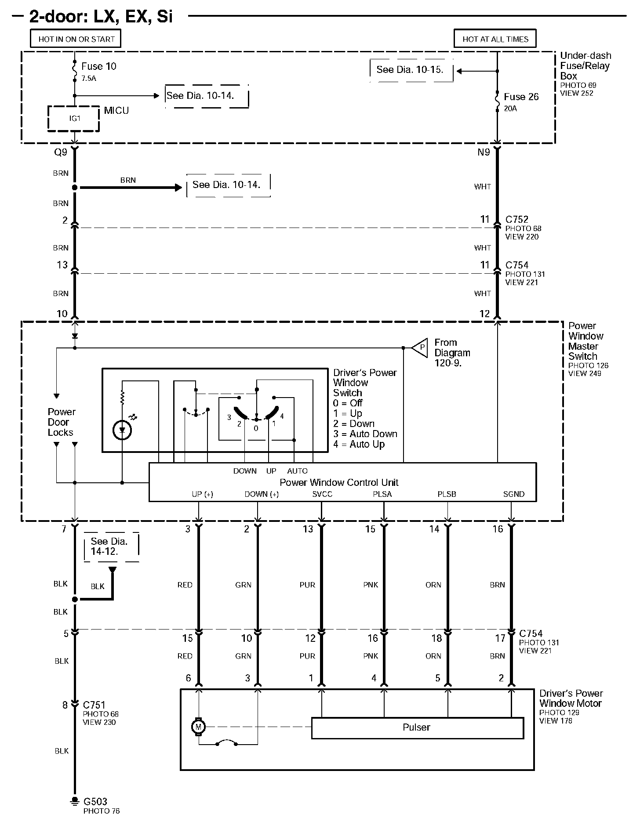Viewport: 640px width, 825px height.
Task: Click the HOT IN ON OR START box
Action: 76,39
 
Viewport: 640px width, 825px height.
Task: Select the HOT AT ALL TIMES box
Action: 495,39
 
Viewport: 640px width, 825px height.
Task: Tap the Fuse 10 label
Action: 98,66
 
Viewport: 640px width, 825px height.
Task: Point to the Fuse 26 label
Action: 521,97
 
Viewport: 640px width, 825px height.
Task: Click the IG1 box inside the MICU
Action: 74,119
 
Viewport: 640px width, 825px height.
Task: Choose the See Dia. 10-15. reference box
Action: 410,69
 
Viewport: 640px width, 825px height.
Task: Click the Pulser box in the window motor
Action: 417,727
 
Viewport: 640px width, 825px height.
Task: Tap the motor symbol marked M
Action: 198,727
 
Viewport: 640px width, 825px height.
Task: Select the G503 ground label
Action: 95,801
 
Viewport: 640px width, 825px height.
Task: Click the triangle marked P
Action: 421,347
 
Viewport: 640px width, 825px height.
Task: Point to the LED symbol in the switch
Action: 123,430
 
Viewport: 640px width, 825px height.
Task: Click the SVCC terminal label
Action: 322,494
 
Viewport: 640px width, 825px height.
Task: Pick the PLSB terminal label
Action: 447,494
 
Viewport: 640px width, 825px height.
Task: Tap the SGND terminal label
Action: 513,494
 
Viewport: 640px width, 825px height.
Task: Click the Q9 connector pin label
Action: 60,152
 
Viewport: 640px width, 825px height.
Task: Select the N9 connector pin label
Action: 484,152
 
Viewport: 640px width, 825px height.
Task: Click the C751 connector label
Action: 94,705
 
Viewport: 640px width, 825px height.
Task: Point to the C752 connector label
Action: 517,219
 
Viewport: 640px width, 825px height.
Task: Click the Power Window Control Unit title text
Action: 339,482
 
